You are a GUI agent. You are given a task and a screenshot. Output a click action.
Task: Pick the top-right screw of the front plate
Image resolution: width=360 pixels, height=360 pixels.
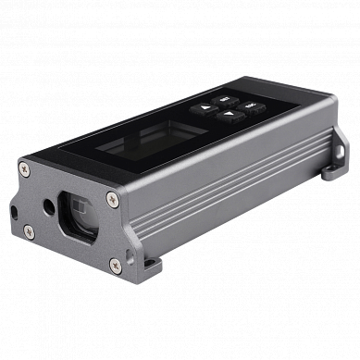click(x=112, y=195)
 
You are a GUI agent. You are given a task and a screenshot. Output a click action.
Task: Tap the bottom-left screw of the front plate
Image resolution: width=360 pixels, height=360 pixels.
click(x=30, y=230)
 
